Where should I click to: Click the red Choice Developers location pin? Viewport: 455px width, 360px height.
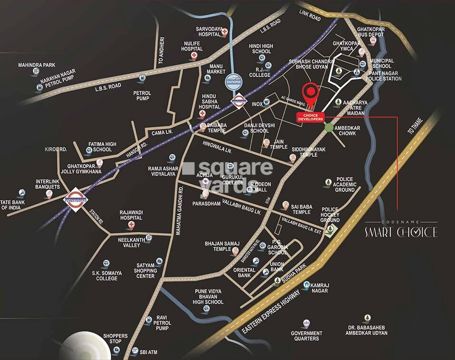click(310, 93)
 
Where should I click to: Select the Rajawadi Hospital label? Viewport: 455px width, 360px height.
click(131, 215)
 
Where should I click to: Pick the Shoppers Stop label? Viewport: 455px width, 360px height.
click(116, 339)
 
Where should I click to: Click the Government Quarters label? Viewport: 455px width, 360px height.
click(306, 336)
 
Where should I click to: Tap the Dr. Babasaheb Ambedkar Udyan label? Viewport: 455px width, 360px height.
click(367, 330)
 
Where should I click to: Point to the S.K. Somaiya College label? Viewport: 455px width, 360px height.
click(105, 275)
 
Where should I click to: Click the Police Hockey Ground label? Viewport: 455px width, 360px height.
click(330, 214)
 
